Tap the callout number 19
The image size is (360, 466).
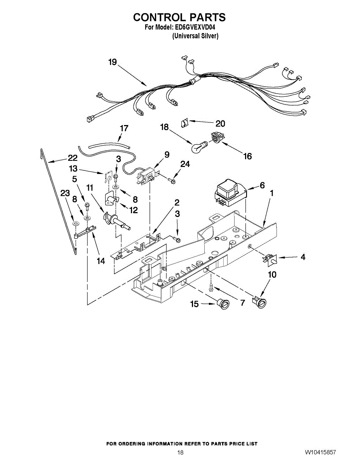pyautogui.click(x=112, y=63)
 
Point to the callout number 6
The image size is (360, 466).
pyautogui.click(x=262, y=186)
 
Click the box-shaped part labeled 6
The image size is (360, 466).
pyautogui.click(x=230, y=193)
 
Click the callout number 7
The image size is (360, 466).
pyautogui.click(x=243, y=303)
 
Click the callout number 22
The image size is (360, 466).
pyautogui.click(x=73, y=158)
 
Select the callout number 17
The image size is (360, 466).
pyautogui.click(x=124, y=128)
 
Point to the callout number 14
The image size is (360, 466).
pyautogui.click(x=101, y=261)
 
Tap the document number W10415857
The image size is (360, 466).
pyautogui.click(x=320, y=452)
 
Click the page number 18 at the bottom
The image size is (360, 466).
pyautogui.click(x=180, y=452)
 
